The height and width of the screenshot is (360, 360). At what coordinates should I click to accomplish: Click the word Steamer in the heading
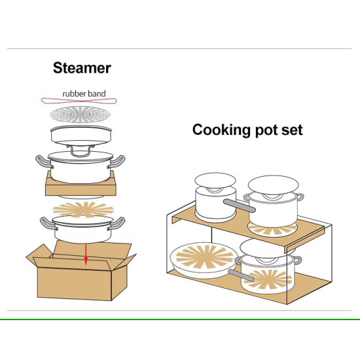(82, 67)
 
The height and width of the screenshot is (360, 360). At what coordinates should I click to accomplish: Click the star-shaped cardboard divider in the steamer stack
(82, 209)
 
